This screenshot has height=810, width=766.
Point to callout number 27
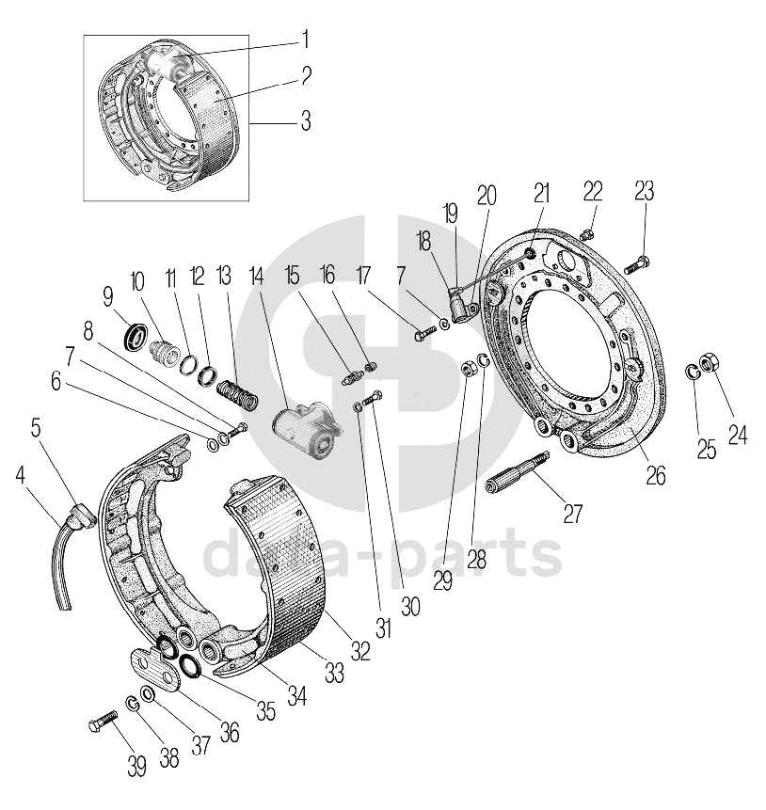(572, 514)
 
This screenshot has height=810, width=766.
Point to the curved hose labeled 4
(59, 564)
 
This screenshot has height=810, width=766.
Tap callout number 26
(655, 475)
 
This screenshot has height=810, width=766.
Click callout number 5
(36, 428)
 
